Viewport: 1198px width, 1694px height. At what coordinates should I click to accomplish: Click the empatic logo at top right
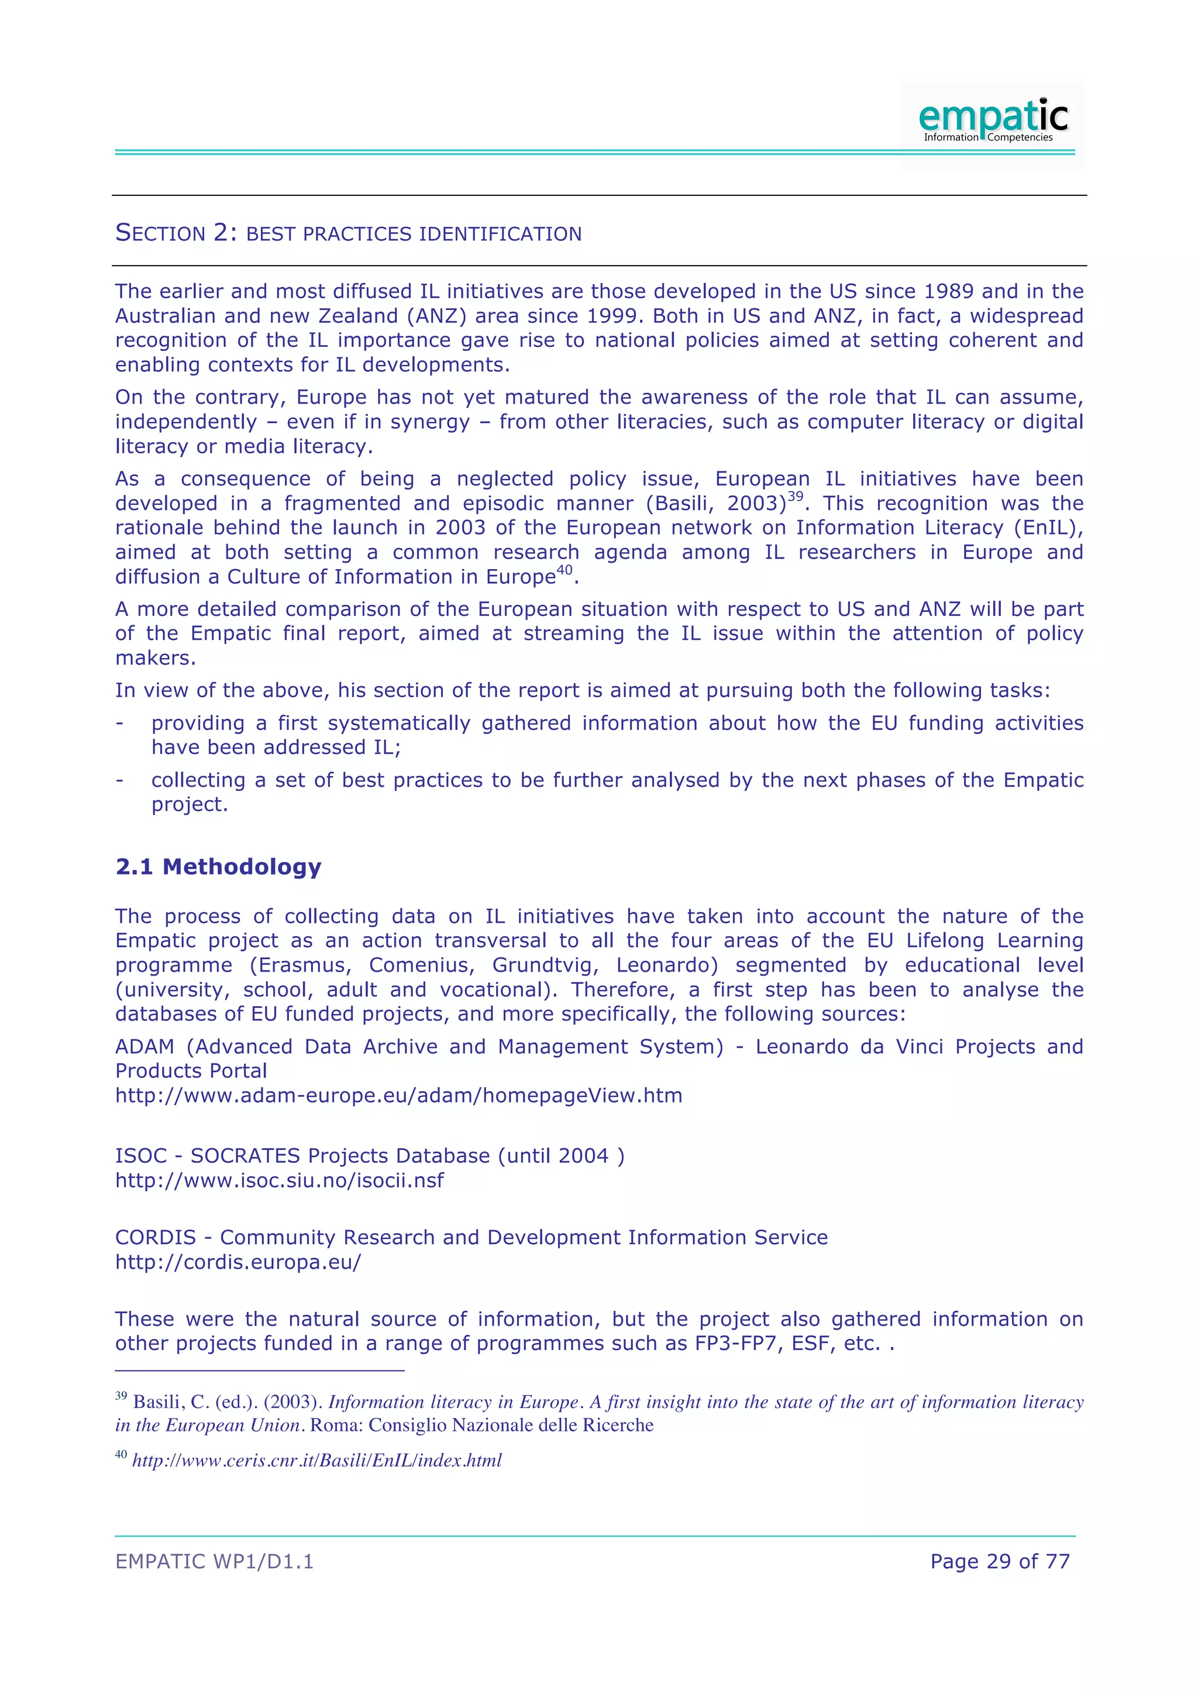click(992, 120)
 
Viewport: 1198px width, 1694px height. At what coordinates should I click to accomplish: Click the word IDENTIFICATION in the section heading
click(500, 234)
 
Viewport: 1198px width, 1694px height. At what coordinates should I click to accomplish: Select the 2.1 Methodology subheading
click(218, 866)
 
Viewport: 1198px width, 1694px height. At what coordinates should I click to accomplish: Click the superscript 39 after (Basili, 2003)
click(795, 497)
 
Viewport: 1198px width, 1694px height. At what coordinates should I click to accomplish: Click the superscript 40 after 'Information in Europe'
click(564, 570)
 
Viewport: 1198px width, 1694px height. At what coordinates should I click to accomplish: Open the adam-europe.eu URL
click(398, 1095)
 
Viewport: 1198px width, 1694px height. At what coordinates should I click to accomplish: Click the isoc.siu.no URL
click(280, 1180)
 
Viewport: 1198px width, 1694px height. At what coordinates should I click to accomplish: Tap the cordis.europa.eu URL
click(238, 1262)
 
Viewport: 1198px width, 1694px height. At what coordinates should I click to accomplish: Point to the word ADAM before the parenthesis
click(144, 1046)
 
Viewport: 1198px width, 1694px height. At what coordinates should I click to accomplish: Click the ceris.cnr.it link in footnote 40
click(316, 1460)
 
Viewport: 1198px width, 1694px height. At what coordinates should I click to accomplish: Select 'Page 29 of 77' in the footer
click(1000, 1561)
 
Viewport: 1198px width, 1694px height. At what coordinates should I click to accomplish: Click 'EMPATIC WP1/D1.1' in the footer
click(214, 1561)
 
